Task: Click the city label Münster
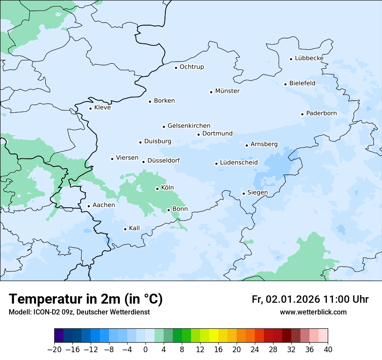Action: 227,91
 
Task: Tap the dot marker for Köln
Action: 157,189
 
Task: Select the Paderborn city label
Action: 321,113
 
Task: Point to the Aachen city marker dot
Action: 89,206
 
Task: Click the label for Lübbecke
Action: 309,58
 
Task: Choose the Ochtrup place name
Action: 191,67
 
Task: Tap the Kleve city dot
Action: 90,108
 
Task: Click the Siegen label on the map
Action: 257,193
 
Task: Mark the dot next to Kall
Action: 125,229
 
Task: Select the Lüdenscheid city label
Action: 239,163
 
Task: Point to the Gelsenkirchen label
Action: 189,126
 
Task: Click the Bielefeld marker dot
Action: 285,84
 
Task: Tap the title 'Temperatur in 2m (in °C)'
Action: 86,299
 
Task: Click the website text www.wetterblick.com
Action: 313,312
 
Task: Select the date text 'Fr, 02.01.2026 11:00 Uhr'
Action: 310,299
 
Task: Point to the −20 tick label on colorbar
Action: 54,350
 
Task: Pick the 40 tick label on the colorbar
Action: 328,350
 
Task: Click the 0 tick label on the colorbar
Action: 145,350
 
